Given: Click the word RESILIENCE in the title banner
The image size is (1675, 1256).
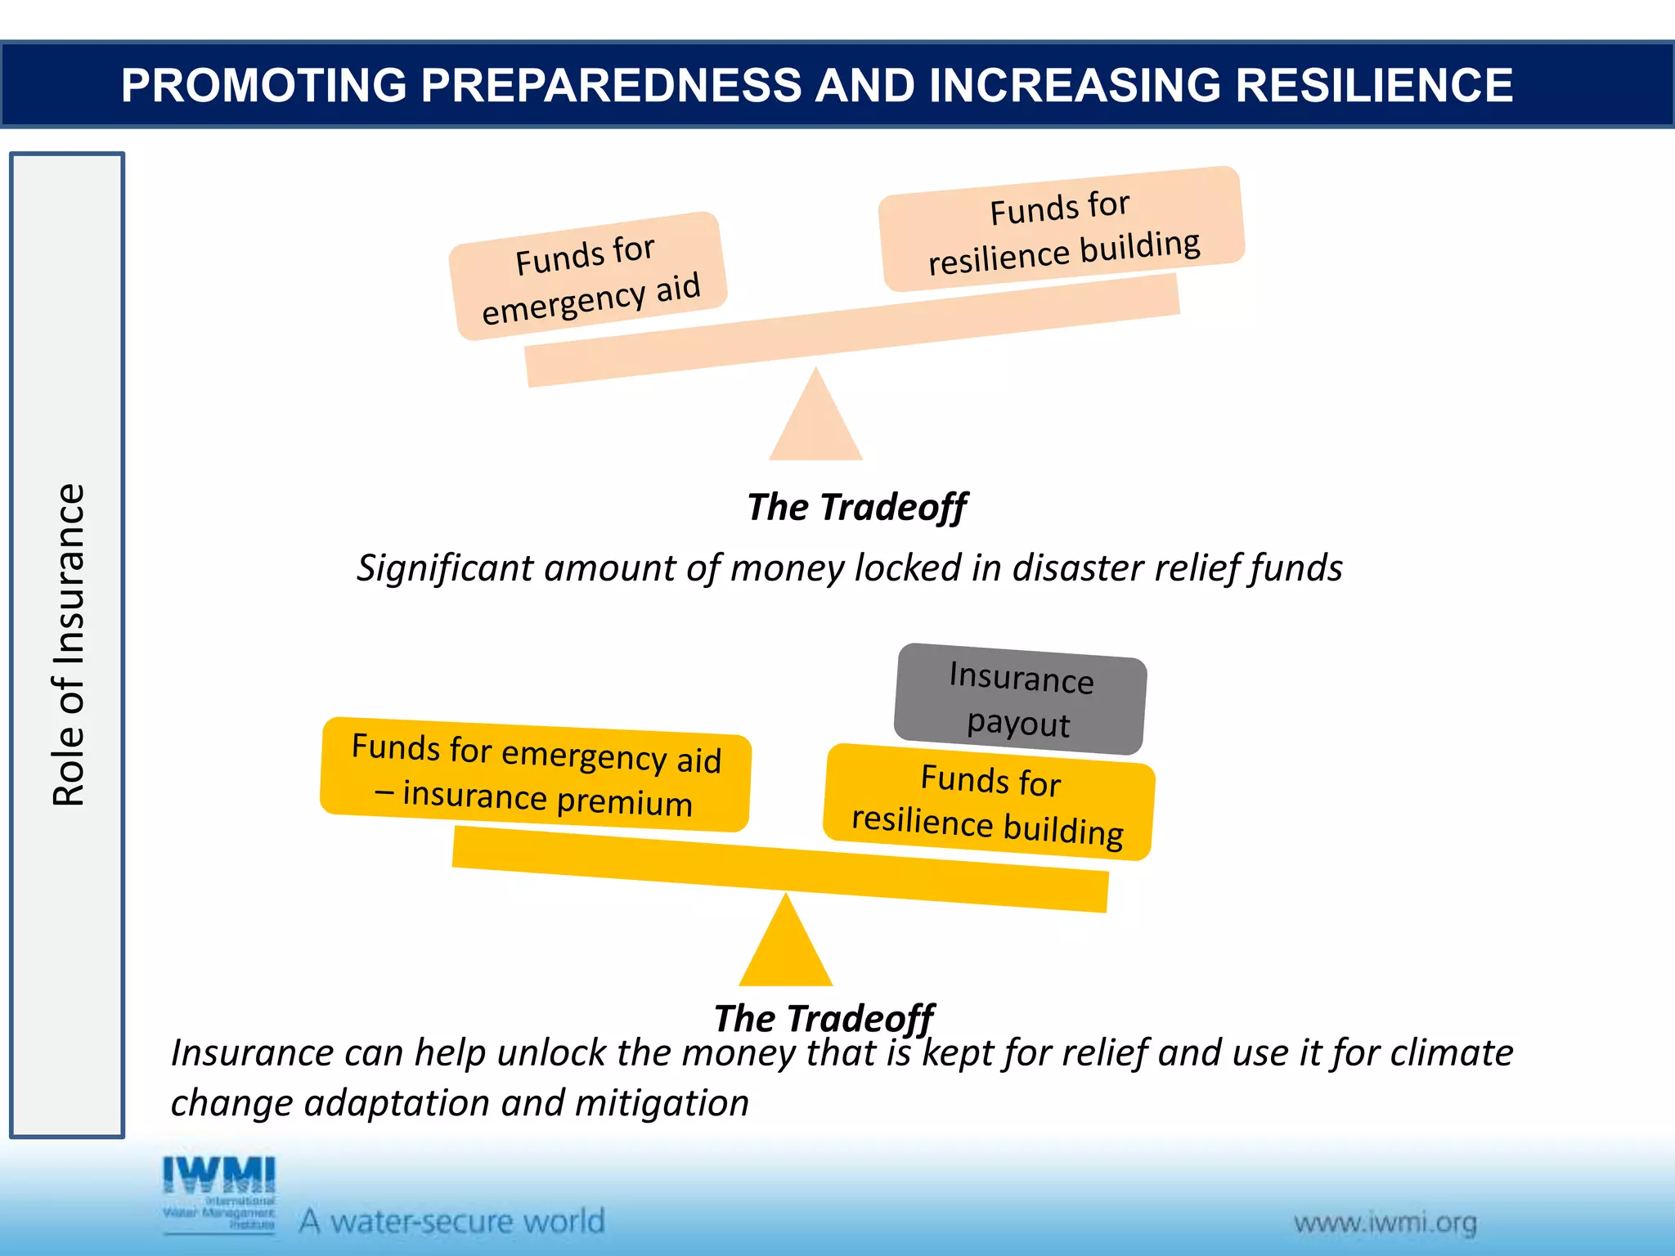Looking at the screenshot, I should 1373,85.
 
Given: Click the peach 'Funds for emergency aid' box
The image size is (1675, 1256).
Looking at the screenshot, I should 588,276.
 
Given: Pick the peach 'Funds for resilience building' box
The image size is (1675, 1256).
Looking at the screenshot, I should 1062,230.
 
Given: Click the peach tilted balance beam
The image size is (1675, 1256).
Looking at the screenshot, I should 851,331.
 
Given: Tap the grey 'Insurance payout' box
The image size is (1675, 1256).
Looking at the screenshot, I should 1020,699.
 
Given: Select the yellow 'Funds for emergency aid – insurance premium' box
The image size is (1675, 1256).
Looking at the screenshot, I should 536,774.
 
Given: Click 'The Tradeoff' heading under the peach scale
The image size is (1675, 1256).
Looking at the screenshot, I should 856,507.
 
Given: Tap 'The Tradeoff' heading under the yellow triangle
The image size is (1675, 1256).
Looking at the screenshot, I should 823,1018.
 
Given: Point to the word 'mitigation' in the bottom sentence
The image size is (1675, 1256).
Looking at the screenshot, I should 662,1102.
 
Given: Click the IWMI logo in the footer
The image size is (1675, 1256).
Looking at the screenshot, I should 219,1192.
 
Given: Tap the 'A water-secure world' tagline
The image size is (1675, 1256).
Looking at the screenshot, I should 451,1221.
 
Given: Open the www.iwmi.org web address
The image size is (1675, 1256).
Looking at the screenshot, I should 1385,1223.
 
